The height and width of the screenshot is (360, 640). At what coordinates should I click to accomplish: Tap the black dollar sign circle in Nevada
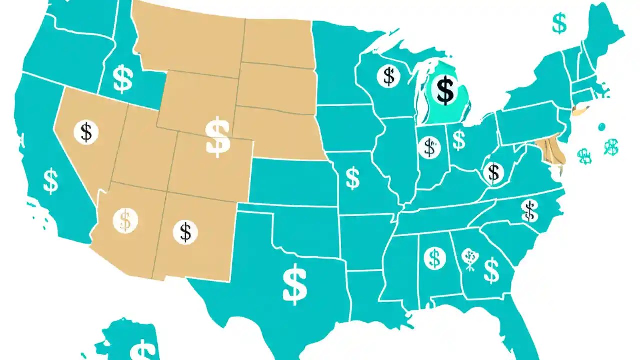(x=86, y=132)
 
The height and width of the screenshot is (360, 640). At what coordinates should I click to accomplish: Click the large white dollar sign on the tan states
(x=218, y=137)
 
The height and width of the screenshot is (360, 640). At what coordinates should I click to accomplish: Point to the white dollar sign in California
(x=51, y=181)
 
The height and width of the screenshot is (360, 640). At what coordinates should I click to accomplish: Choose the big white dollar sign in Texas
(x=295, y=284)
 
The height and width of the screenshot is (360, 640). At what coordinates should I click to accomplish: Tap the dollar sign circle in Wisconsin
(x=388, y=76)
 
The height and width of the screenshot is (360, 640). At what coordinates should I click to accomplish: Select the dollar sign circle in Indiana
(x=428, y=147)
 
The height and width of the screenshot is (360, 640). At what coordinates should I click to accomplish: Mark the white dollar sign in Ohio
(x=459, y=140)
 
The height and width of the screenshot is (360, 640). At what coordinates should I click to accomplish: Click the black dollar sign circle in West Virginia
(x=493, y=172)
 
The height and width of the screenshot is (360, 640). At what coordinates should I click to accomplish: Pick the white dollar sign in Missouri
(x=352, y=178)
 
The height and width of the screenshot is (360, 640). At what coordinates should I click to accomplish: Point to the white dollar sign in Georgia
(x=491, y=270)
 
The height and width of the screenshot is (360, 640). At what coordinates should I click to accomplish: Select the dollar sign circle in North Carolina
(x=529, y=210)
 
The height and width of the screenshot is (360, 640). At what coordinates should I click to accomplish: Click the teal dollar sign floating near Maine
(x=559, y=23)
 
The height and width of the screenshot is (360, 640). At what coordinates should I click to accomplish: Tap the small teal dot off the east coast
(x=601, y=127)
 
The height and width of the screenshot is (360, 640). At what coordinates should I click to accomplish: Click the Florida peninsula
(x=520, y=325)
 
